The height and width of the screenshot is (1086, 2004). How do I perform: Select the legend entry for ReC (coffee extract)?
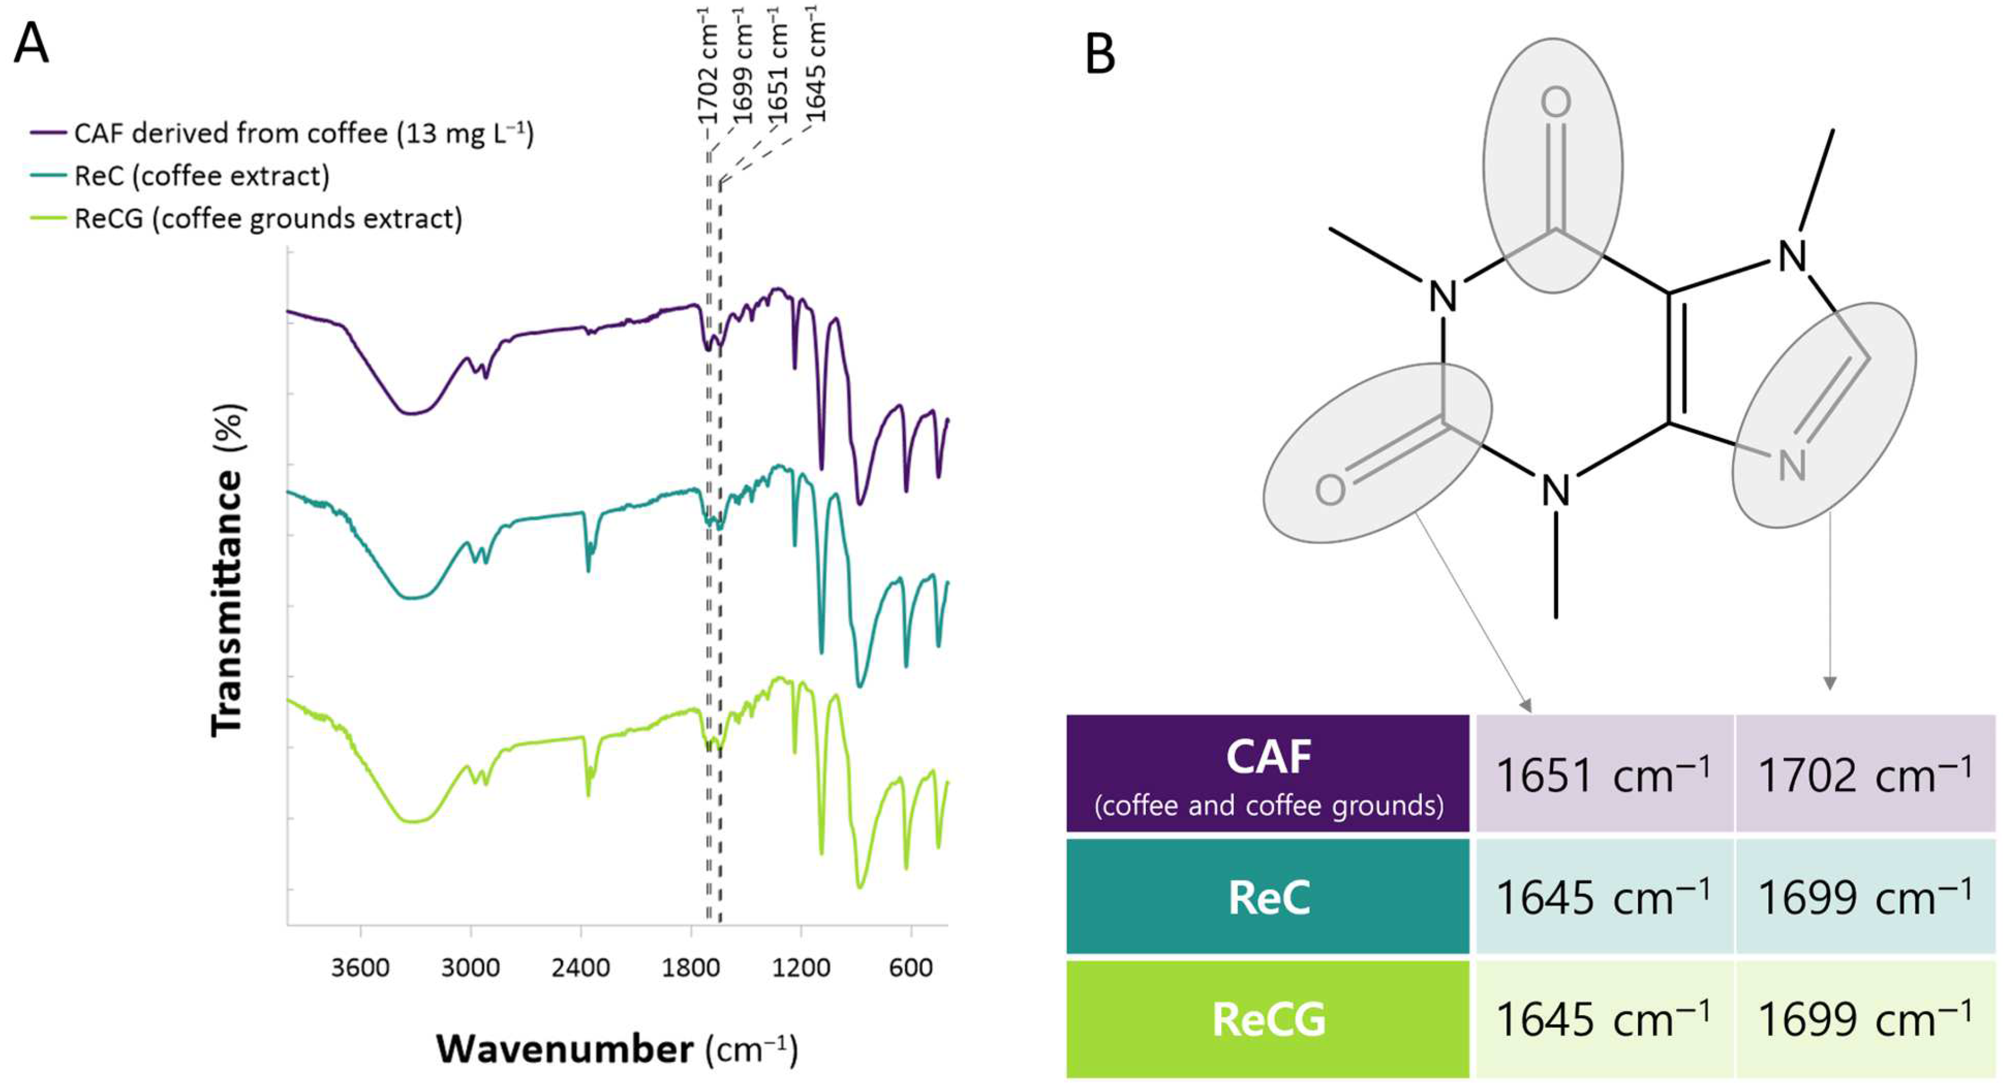pyautogui.click(x=201, y=176)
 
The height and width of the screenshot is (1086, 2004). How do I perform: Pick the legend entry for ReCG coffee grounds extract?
pyautogui.click(x=267, y=219)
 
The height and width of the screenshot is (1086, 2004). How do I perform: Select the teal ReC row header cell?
pyautogui.click(x=1267, y=897)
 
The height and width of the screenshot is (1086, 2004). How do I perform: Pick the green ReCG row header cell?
pyautogui.click(x=1267, y=1019)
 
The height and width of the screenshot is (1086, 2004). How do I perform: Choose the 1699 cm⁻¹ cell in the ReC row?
pyautogui.click(x=1865, y=897)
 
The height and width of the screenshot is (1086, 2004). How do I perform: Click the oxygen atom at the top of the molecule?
pyautogui.click(x=1556, y=102)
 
